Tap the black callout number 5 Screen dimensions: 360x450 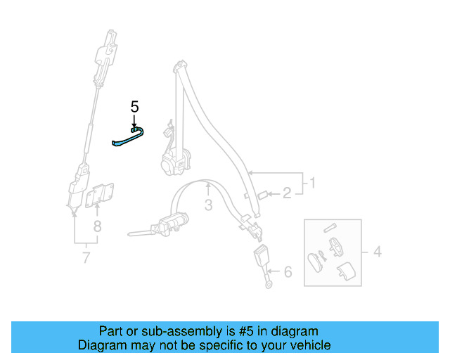[135, 107]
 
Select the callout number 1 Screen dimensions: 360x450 [313, 184]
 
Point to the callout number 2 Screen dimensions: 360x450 [287, 193]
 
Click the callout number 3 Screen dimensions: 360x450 [208, 205]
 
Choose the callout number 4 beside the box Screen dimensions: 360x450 [378, 251]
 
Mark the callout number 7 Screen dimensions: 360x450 [86, 258]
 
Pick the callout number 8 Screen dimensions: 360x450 [97, 226]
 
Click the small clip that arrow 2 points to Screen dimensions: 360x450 [262, 194]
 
